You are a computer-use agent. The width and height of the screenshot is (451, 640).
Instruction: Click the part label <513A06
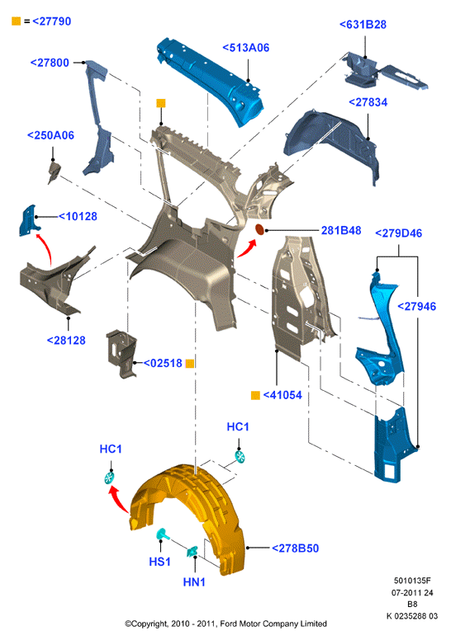[x=246, y=48]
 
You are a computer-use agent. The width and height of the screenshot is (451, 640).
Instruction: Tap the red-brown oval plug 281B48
[x=259, y=230]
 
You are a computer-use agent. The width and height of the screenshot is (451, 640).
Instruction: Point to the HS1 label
[x=159, y=562]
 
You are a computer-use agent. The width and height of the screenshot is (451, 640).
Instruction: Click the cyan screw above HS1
[x=163, y=534]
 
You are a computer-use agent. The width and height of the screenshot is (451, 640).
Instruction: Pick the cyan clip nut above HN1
[x=192, y=552]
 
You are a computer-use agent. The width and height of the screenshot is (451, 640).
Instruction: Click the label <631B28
[x=363, y=25]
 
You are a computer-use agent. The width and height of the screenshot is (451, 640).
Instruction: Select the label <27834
[x=368, y=102]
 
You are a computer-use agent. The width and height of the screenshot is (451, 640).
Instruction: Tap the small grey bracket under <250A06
[x=54, y=172]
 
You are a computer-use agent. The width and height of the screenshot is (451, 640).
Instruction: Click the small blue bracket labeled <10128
[x=29, y=220]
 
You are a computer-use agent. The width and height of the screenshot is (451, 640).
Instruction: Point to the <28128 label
[x=66, y=341]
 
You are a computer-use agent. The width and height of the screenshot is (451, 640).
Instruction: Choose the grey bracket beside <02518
[x=121, y=353]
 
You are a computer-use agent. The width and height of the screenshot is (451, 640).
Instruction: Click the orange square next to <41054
[x=255, y=395]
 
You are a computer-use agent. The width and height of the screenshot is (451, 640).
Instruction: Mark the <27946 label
[x=416, y=306]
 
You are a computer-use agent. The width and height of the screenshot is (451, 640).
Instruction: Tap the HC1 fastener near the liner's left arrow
[x=109, y=478]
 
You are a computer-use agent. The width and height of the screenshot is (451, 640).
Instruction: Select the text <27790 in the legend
[x=51, y=21]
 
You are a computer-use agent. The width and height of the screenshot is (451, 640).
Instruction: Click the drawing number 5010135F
[x=412, y=581]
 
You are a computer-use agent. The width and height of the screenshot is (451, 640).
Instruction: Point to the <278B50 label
[x=295, y=548]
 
